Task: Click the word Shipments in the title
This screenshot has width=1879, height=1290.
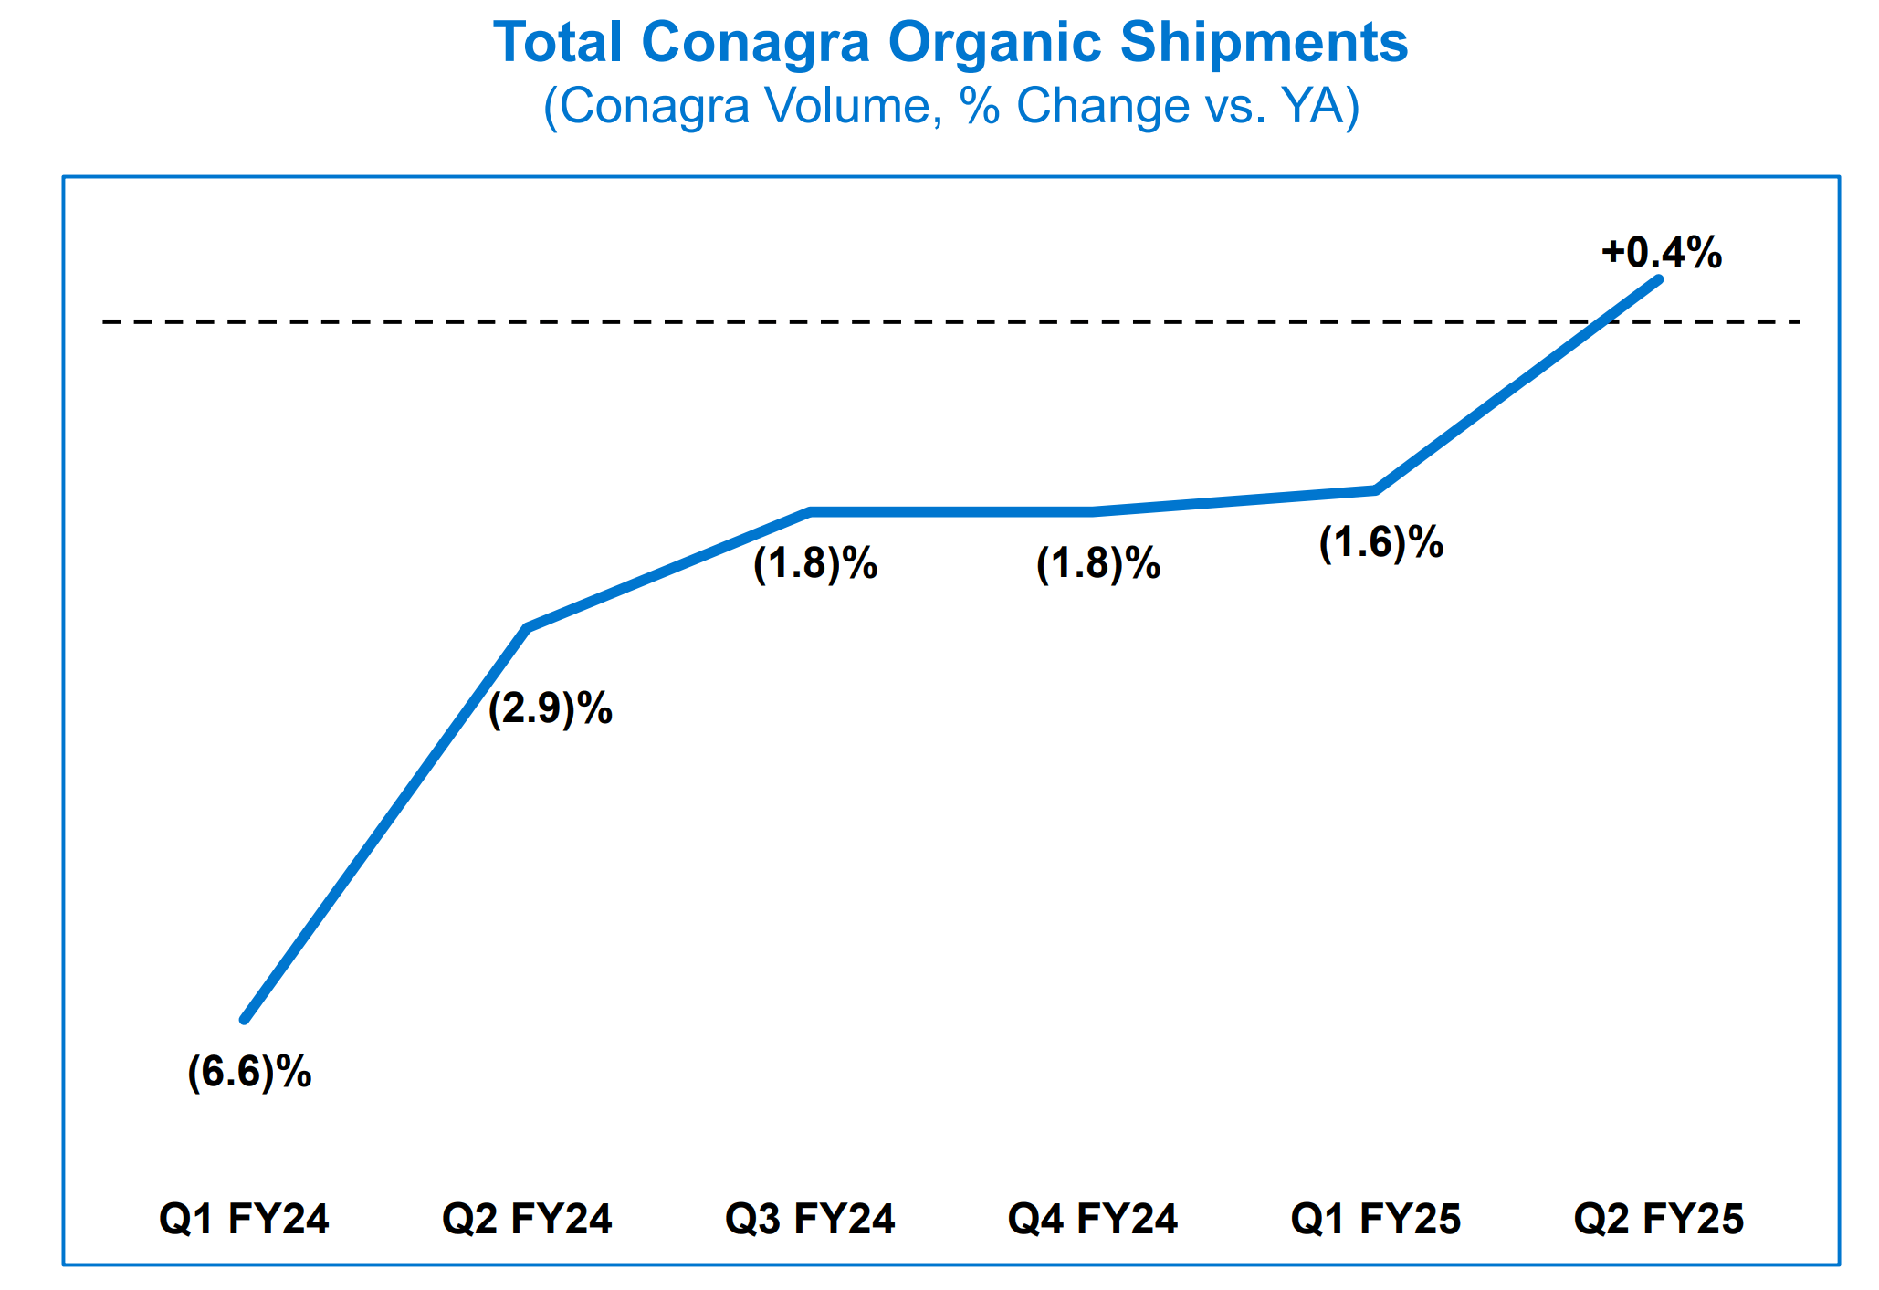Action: tap(1264, 43)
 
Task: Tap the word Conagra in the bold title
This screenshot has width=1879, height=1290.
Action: tap(755, 43)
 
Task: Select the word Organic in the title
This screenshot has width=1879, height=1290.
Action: tap(995, 43)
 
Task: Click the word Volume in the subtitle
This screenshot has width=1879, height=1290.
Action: tap(855, 106)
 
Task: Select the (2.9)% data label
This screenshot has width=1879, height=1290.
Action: tap(550, 708)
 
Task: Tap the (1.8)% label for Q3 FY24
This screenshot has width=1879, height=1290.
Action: tap(814, 564)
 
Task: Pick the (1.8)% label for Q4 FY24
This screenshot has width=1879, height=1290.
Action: tap(1097, 564)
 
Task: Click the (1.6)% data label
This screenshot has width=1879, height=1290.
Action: tap(1380, 543)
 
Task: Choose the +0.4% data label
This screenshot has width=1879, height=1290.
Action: tap(1662, 253)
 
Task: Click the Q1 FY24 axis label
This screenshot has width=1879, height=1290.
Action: tap(244, 1220)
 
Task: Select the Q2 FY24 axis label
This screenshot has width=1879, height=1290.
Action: tap(527, 1220)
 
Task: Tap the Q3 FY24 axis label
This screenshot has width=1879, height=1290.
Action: tap(810, 1220)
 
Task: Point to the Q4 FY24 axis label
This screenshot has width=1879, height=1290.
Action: tap(1093, 1220)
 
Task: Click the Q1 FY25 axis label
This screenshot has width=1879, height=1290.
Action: tap(1376, 1220)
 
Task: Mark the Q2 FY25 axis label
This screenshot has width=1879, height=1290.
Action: tap(1659, 1220)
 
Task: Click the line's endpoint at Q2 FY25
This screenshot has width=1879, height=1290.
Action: tap(1658, 279)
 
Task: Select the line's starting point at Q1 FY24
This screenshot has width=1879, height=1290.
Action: tap(245, 1019)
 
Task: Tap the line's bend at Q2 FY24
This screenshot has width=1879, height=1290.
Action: tap(528, 628)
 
